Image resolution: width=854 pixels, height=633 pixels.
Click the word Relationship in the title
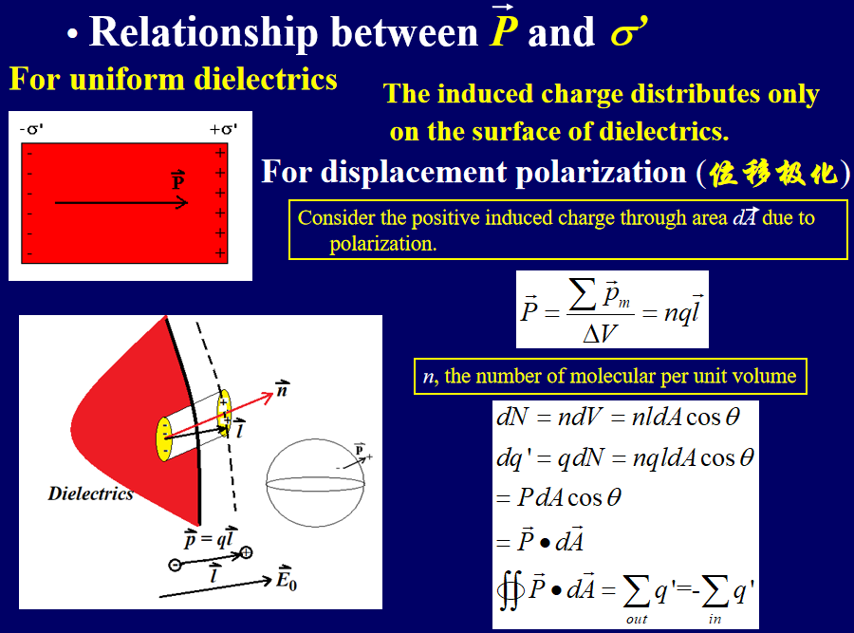(x=204, y=32)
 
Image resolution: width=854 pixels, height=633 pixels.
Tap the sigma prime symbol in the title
(x=629, y=32)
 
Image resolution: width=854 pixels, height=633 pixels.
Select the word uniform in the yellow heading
(x=127, y=79)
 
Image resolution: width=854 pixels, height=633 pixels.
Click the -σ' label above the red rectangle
(x=31, y=129)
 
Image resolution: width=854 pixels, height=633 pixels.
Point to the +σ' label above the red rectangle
(x=223, y=129)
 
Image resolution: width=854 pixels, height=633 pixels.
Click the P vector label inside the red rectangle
(x=177, y=180)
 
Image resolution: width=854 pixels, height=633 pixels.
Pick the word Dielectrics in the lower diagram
(x=90, y=493)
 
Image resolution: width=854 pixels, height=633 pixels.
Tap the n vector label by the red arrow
(x=282, y=389)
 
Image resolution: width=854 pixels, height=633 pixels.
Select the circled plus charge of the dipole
(x=246, y=552)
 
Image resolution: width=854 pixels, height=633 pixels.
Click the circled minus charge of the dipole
(x=175, y=565)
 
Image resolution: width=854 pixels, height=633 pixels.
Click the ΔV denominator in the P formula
(x=600, y=333)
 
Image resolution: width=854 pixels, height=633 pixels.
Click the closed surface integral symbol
(x=511, y=590)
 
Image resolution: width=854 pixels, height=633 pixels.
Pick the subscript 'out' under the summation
(x=637, y=619)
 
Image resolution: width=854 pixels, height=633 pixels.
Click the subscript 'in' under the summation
(x=715, y=619)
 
